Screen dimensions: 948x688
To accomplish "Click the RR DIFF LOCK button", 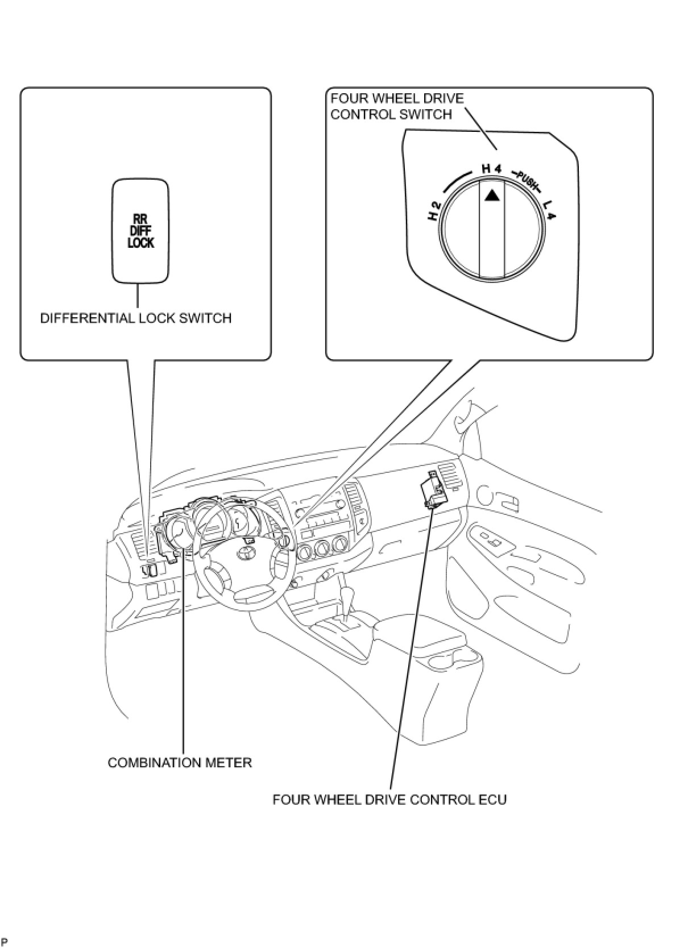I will click(x=140, y=230).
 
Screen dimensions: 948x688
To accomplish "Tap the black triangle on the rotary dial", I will click(x=492, y=195).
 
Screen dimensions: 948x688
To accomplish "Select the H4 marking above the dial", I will click(x=491, y=168).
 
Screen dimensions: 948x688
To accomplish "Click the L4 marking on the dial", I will click(x=550, y=211).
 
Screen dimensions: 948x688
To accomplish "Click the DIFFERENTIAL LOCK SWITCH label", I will click(x=136, y=318).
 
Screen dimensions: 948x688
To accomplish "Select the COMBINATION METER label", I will click(x=180, y=762).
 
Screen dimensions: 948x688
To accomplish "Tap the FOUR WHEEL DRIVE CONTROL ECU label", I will click(x=389, y=799).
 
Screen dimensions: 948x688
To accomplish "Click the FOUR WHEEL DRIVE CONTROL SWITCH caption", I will click(x=397, y=106).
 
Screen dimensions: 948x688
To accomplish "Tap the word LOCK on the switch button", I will click(x=140, y=243).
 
